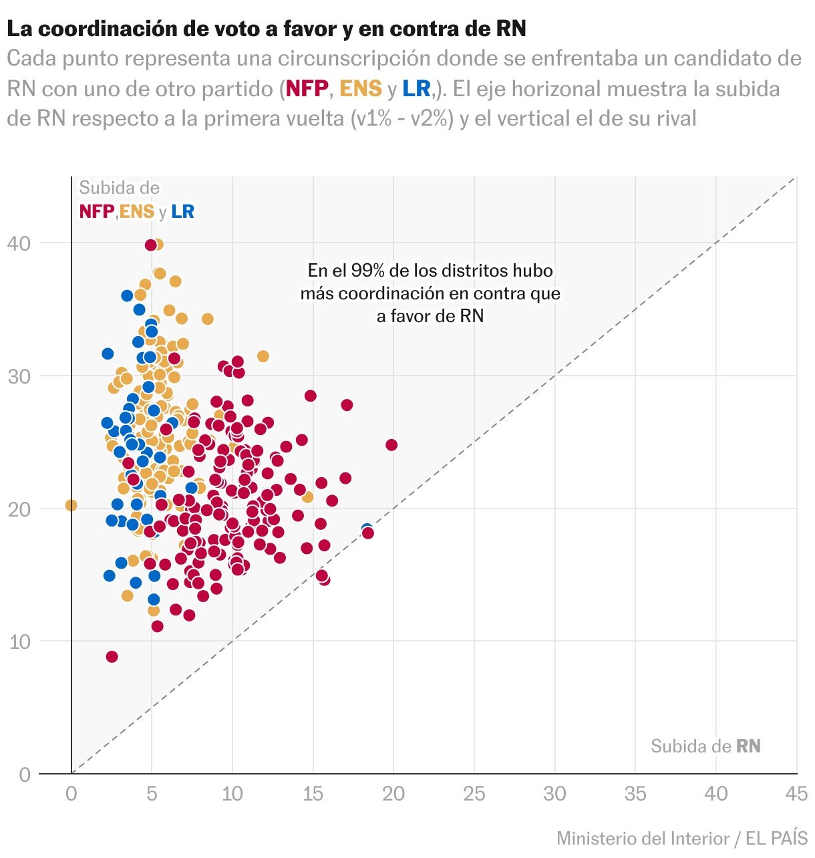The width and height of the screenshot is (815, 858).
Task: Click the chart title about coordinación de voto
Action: tap(267, 29)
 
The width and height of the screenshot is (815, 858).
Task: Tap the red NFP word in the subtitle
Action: tap(307, 88)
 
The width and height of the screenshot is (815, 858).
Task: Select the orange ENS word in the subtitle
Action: tap(361, 88)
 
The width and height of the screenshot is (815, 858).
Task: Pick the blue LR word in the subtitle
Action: tap(416, 88)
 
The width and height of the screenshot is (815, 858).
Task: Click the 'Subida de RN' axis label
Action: tap(705, 746)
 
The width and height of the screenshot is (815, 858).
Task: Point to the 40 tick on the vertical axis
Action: tap(19, 243)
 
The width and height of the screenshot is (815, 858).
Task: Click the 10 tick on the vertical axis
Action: tap(19, 641)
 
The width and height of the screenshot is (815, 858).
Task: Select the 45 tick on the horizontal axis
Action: tap(796, 794)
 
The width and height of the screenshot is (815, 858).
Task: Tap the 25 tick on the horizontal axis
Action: tap(474, 794)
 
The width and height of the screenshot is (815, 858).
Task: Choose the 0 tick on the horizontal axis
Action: tap(71, 794)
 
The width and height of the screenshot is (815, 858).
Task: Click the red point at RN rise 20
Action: tap(391, 445)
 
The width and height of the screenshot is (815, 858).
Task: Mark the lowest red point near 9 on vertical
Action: tap(112, 657)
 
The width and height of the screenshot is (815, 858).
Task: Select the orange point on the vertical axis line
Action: tap(71, 505)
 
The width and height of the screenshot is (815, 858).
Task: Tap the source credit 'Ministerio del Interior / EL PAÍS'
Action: tap(682, 838)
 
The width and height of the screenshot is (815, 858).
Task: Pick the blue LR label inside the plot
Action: tap(182, 212)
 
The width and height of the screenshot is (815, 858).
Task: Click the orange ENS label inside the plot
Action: tap(137, 212)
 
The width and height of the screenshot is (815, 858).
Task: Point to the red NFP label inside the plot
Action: tap(96, 212)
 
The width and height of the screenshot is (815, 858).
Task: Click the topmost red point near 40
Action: tap(151, 245)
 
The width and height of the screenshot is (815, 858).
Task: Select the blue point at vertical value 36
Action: tap(127, 295)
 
